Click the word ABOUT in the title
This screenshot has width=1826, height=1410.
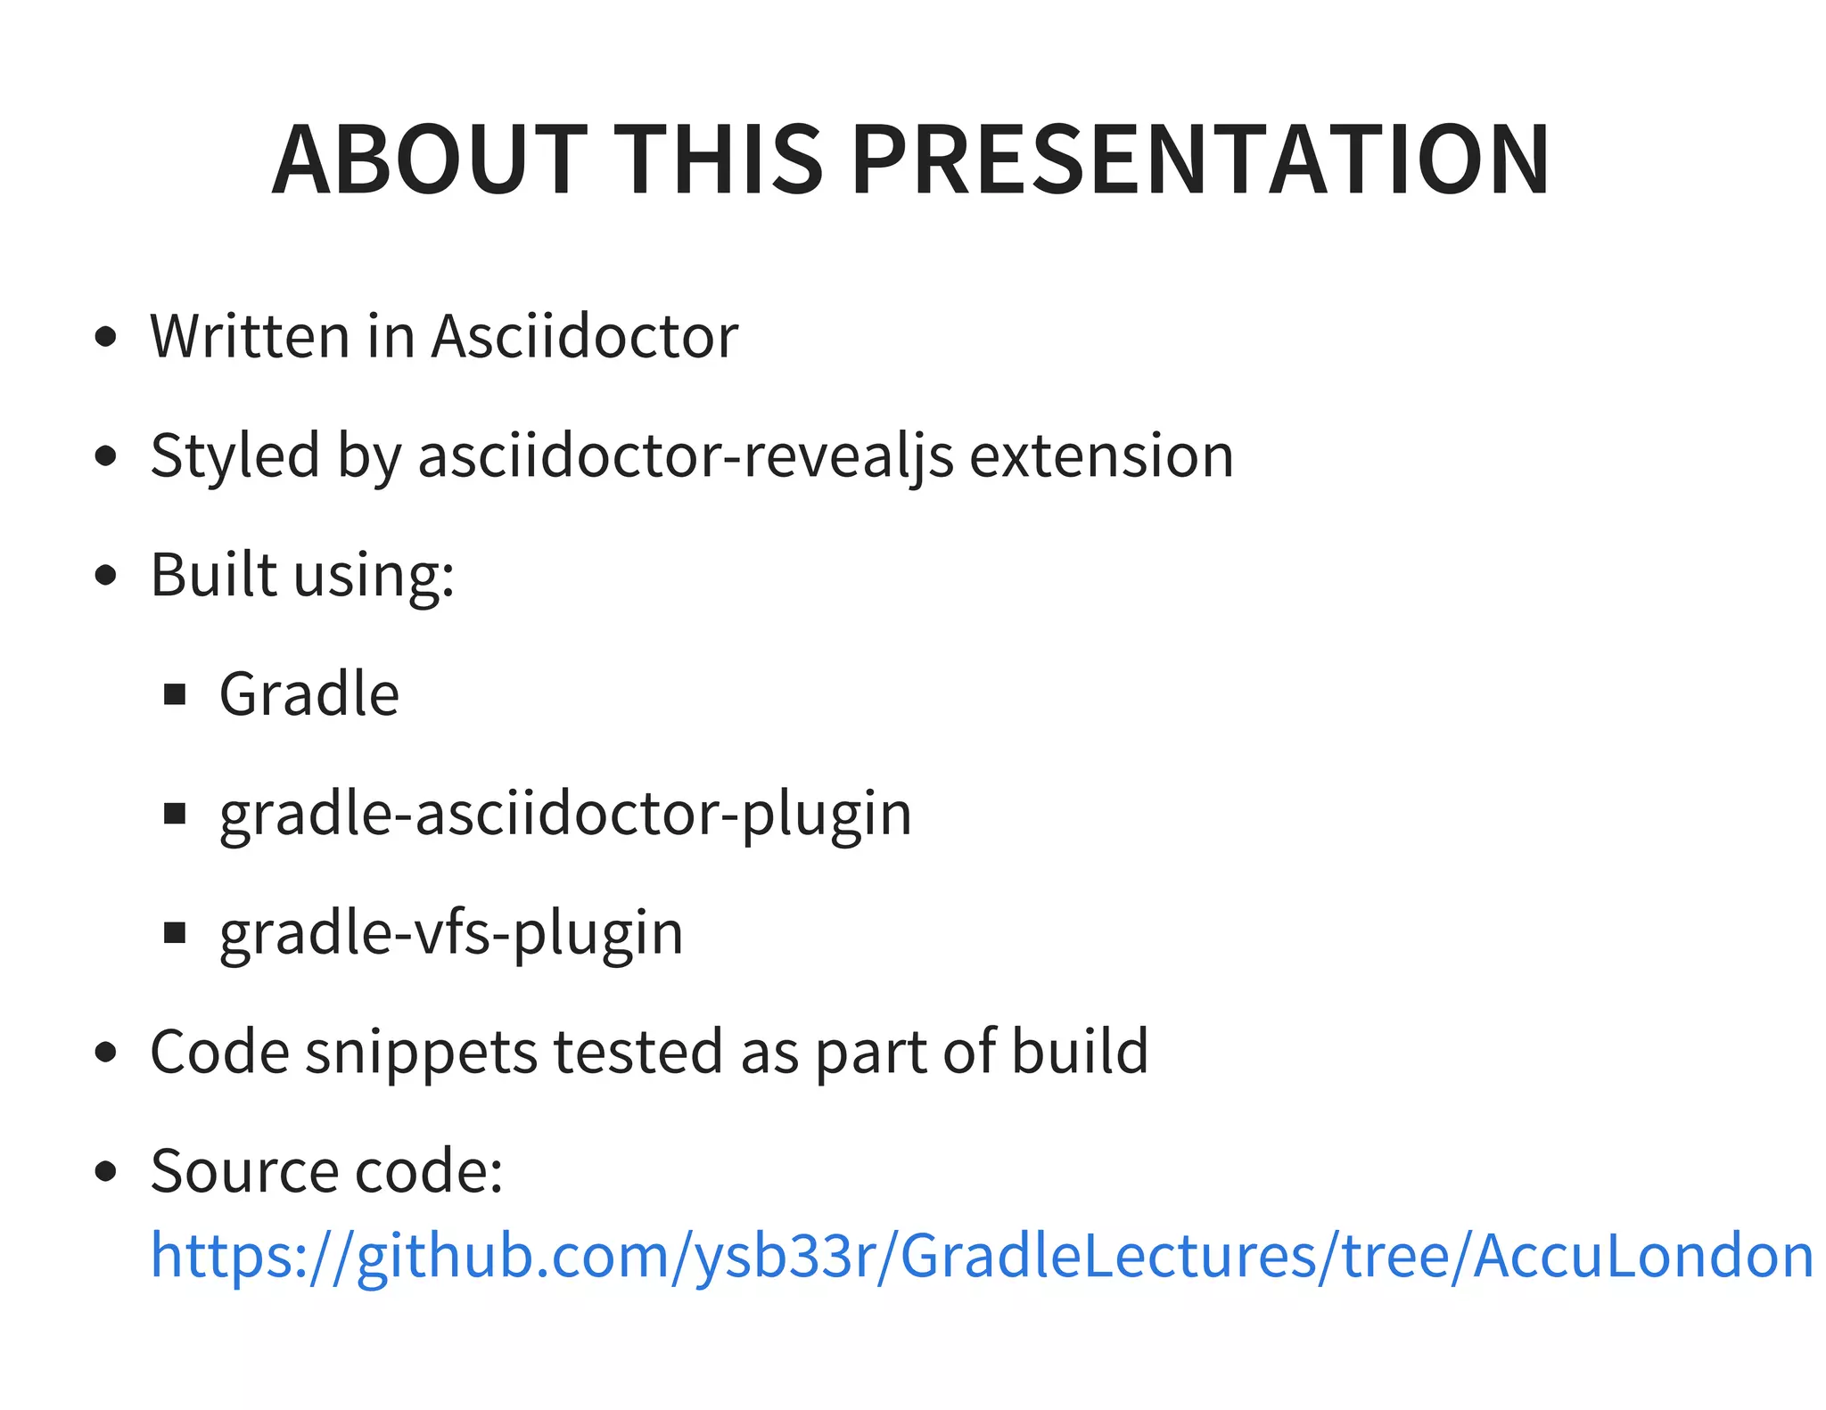[429, 160]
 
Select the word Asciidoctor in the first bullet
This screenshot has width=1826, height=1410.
[585, 337]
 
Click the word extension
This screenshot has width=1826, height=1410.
[1101, 456]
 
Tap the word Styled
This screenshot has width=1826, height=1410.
[234, 456]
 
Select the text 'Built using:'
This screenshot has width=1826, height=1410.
[302, 575]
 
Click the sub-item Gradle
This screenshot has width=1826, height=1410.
[308, 694]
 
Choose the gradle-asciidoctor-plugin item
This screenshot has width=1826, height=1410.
[565, 814]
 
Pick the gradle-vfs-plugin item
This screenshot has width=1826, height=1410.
[451, 933]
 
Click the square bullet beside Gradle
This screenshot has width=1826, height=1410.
[175, 694]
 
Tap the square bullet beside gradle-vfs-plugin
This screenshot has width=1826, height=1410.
[175, 933]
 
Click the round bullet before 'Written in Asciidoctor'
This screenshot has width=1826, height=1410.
[105, 337]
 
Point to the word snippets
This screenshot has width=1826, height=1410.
[421, 1052]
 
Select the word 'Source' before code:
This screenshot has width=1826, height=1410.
[243, 1171]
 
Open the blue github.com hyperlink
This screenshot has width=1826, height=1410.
[981, 1256]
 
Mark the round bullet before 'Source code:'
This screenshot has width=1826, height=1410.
[105, 1171]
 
